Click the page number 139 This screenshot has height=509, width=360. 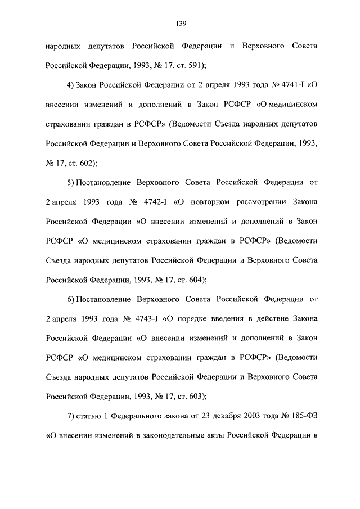pyautogui.click(x=180, y=23)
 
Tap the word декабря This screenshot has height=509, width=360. pyautogui.click(x=229, y=416)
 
